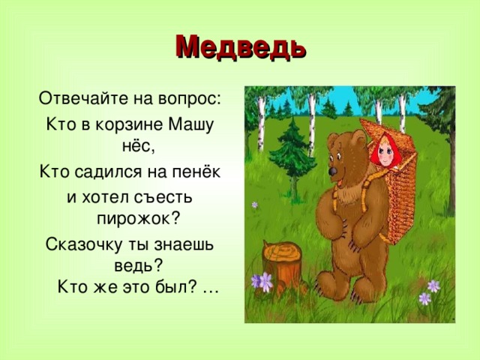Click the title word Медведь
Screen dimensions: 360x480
(x=240, y=46)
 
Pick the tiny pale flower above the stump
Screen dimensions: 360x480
(x=255, y=203)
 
